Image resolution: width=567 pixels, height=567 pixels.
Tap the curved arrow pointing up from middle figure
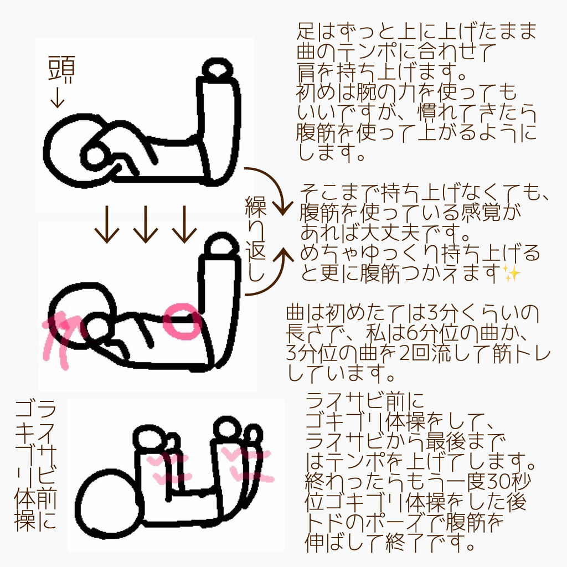click(271, 271)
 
